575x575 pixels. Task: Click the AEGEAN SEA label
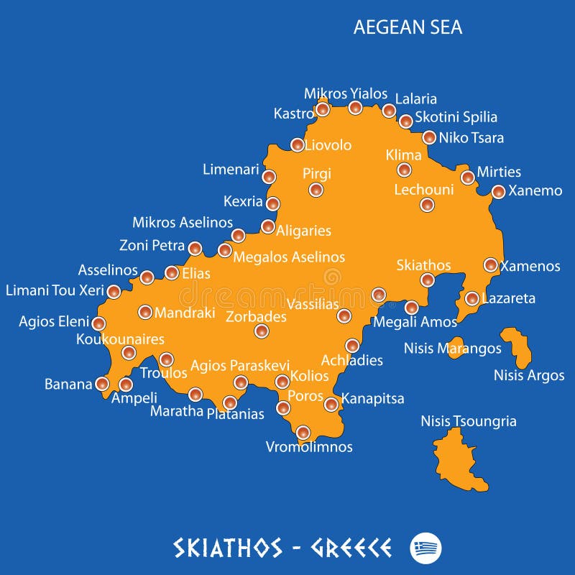pyautogui.click(x=408, y=27)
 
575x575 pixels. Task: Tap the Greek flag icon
pyautogui.click(x=426, y=548)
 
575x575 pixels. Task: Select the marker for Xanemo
pyautogui.click(x=498, y=191)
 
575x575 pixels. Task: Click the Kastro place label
pyautogui.click(x=293, y=114)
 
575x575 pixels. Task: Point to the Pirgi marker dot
pyautogui.click(x=316, y=190)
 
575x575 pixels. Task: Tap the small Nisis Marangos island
pyautogui.click(x=455, y=347)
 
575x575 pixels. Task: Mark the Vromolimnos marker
pyautogui.click(x=303, y=432)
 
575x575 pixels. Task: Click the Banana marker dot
pyautogui.click(x=102, y=384)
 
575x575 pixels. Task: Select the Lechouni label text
pyautogui.click(x=424, y=190)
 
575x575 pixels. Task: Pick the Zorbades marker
pyautogui.click(x=262, y=331)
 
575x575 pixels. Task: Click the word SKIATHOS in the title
pyautogui.click(x=228, y=548)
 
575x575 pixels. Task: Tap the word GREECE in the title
pyautogui.click(x=351, y=548)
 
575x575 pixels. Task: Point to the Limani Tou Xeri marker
pyautogui.click(x=114, y=291)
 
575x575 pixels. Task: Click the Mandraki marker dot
pyautogui.click(x=145, y=312)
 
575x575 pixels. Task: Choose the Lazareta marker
pyautogui.click(x=472, y=298)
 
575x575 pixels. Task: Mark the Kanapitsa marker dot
pyautogui.click(x=331, y=404)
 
